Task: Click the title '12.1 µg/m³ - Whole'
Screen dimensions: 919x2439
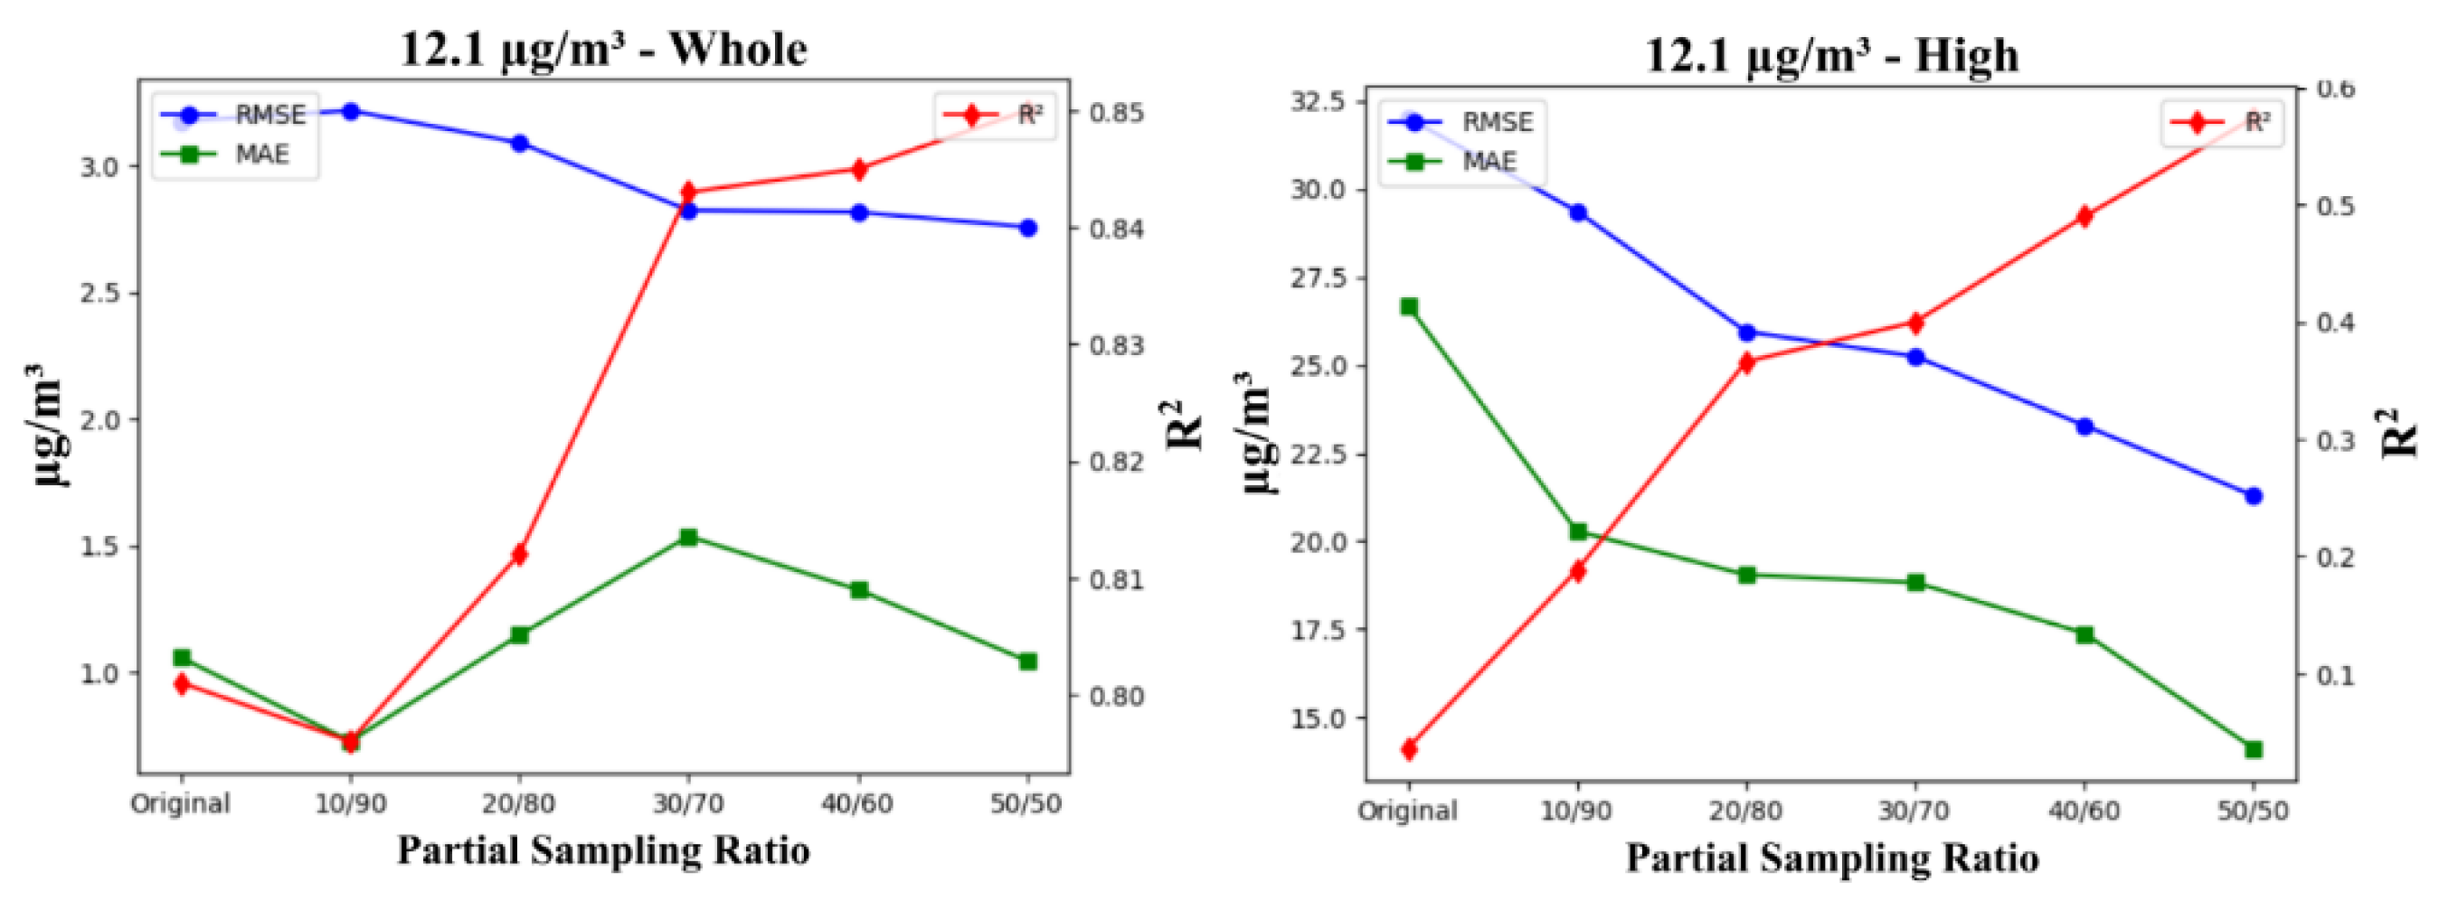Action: (x=603, y=49)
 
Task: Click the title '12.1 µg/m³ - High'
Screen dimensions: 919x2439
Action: (x=1831, y=55)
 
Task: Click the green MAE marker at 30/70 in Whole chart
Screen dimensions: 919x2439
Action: (x=688, y=538)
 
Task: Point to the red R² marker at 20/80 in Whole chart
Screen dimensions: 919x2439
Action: (x=519, y=555)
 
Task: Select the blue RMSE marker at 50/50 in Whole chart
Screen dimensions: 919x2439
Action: (x=1028, y=228)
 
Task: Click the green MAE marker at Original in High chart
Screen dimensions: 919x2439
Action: (x=1409, y=306)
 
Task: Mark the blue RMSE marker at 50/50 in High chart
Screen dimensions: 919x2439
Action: (x=2254, y=496)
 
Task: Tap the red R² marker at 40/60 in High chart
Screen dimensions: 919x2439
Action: (x=2084, y=217)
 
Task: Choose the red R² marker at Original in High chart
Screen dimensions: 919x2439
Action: (x=1409, y=750)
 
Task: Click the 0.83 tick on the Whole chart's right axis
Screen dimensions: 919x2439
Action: (x=1116, y=345)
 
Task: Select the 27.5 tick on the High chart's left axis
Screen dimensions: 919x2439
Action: (x=1318, y=278)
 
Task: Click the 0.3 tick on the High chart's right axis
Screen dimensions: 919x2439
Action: (x=2335, y=440)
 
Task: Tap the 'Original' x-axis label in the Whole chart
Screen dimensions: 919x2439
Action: (x=180, y=804)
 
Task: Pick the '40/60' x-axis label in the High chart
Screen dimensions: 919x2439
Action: (x=2084, y=811)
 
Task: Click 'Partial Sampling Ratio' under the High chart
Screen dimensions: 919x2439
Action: (x=1831, y=858)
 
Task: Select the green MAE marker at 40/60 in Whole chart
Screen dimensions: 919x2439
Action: (x=860, y=591)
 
